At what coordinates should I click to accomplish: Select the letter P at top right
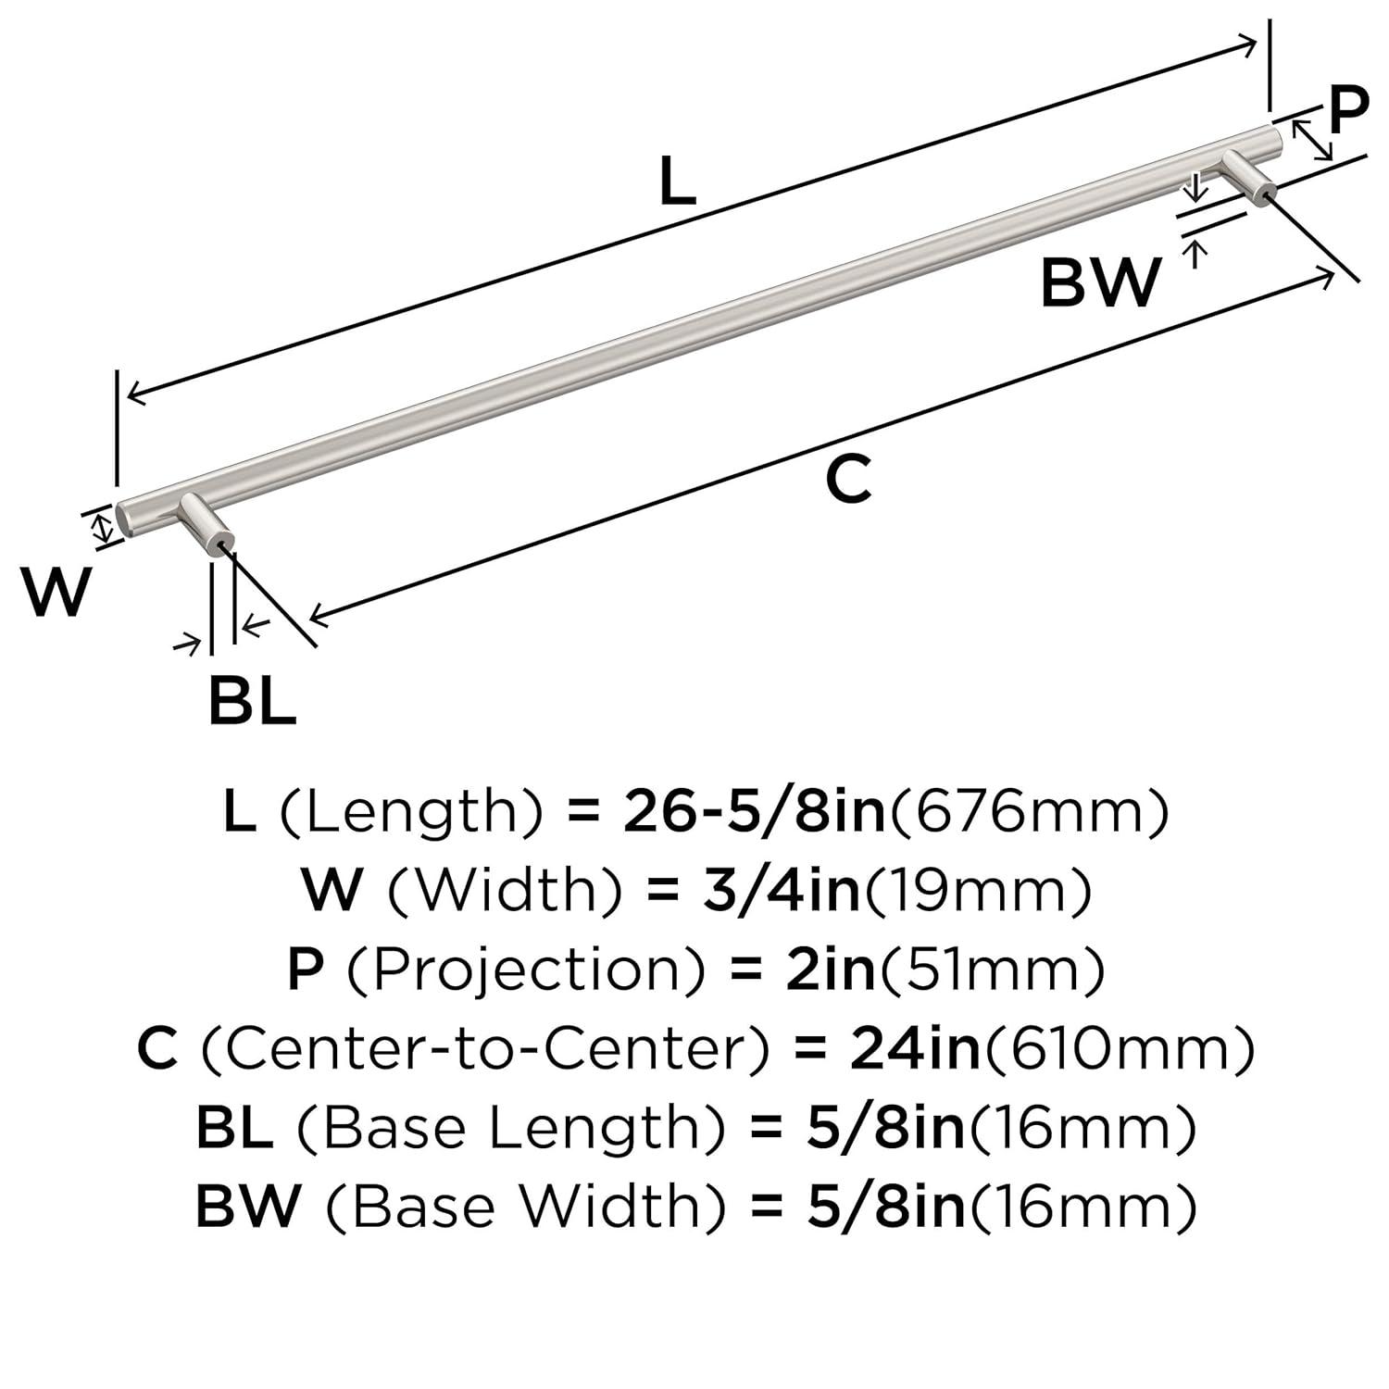pos(1348,110)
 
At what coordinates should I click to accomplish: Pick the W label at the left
pos(57,593)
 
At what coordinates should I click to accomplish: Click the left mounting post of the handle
pos(206,523)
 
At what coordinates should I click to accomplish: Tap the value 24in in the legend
pos(914,1048)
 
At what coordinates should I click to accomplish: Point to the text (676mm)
pos(1029,811)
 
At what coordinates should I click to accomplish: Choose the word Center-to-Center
pos(485,1048)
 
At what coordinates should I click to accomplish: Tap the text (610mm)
pos(1118,1048)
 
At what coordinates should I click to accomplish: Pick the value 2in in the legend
pos(830,970)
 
